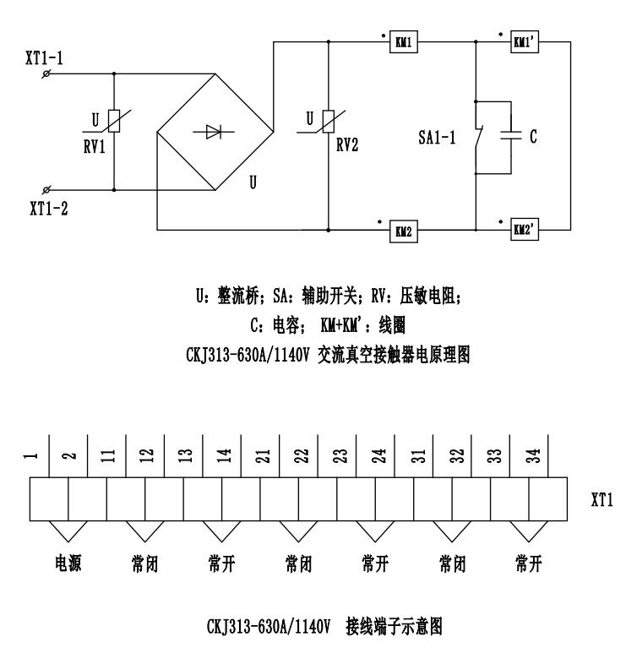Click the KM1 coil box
(402, 42)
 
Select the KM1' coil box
(522, 42)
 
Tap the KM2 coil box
(402, 229)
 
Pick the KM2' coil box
(522, 229)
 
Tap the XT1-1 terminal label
(44, 58)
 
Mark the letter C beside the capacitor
(534, 136)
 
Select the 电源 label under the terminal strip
(68, 564)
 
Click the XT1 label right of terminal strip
(601, 501)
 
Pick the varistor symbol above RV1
(114, 121)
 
